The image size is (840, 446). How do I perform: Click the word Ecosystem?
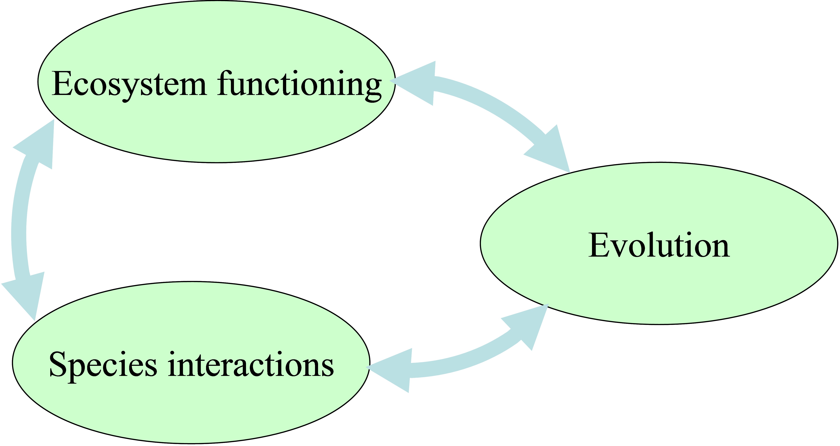pos(129,84)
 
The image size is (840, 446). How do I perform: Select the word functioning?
pos(299,84)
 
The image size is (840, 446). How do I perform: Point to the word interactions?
pos(251,365)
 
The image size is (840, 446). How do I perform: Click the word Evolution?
pos(659,246)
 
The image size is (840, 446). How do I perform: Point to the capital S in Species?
pos(59,365)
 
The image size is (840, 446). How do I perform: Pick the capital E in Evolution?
pos(599,246)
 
